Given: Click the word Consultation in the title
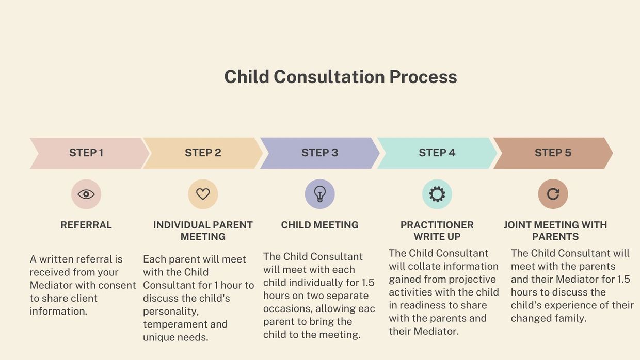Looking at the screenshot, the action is point(329,77).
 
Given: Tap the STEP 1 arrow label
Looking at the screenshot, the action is point(86,153).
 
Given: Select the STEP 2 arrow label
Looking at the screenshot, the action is point(203,153).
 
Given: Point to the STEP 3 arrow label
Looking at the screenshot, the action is point(319,153).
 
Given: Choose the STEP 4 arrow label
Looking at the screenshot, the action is point(437,153).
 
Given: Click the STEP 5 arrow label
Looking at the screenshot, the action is point(553,153).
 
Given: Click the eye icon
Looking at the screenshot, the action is point(86,194).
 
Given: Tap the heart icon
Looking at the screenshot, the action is point(203,194).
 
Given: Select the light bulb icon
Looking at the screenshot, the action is point(319,194).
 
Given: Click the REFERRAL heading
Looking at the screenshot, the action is point(86,225).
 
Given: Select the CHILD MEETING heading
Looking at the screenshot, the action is point(319,225).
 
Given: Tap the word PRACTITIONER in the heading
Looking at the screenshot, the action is point(437,225).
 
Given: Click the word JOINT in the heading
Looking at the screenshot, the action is point(517,225).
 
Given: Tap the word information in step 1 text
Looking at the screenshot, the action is point(58,311).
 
